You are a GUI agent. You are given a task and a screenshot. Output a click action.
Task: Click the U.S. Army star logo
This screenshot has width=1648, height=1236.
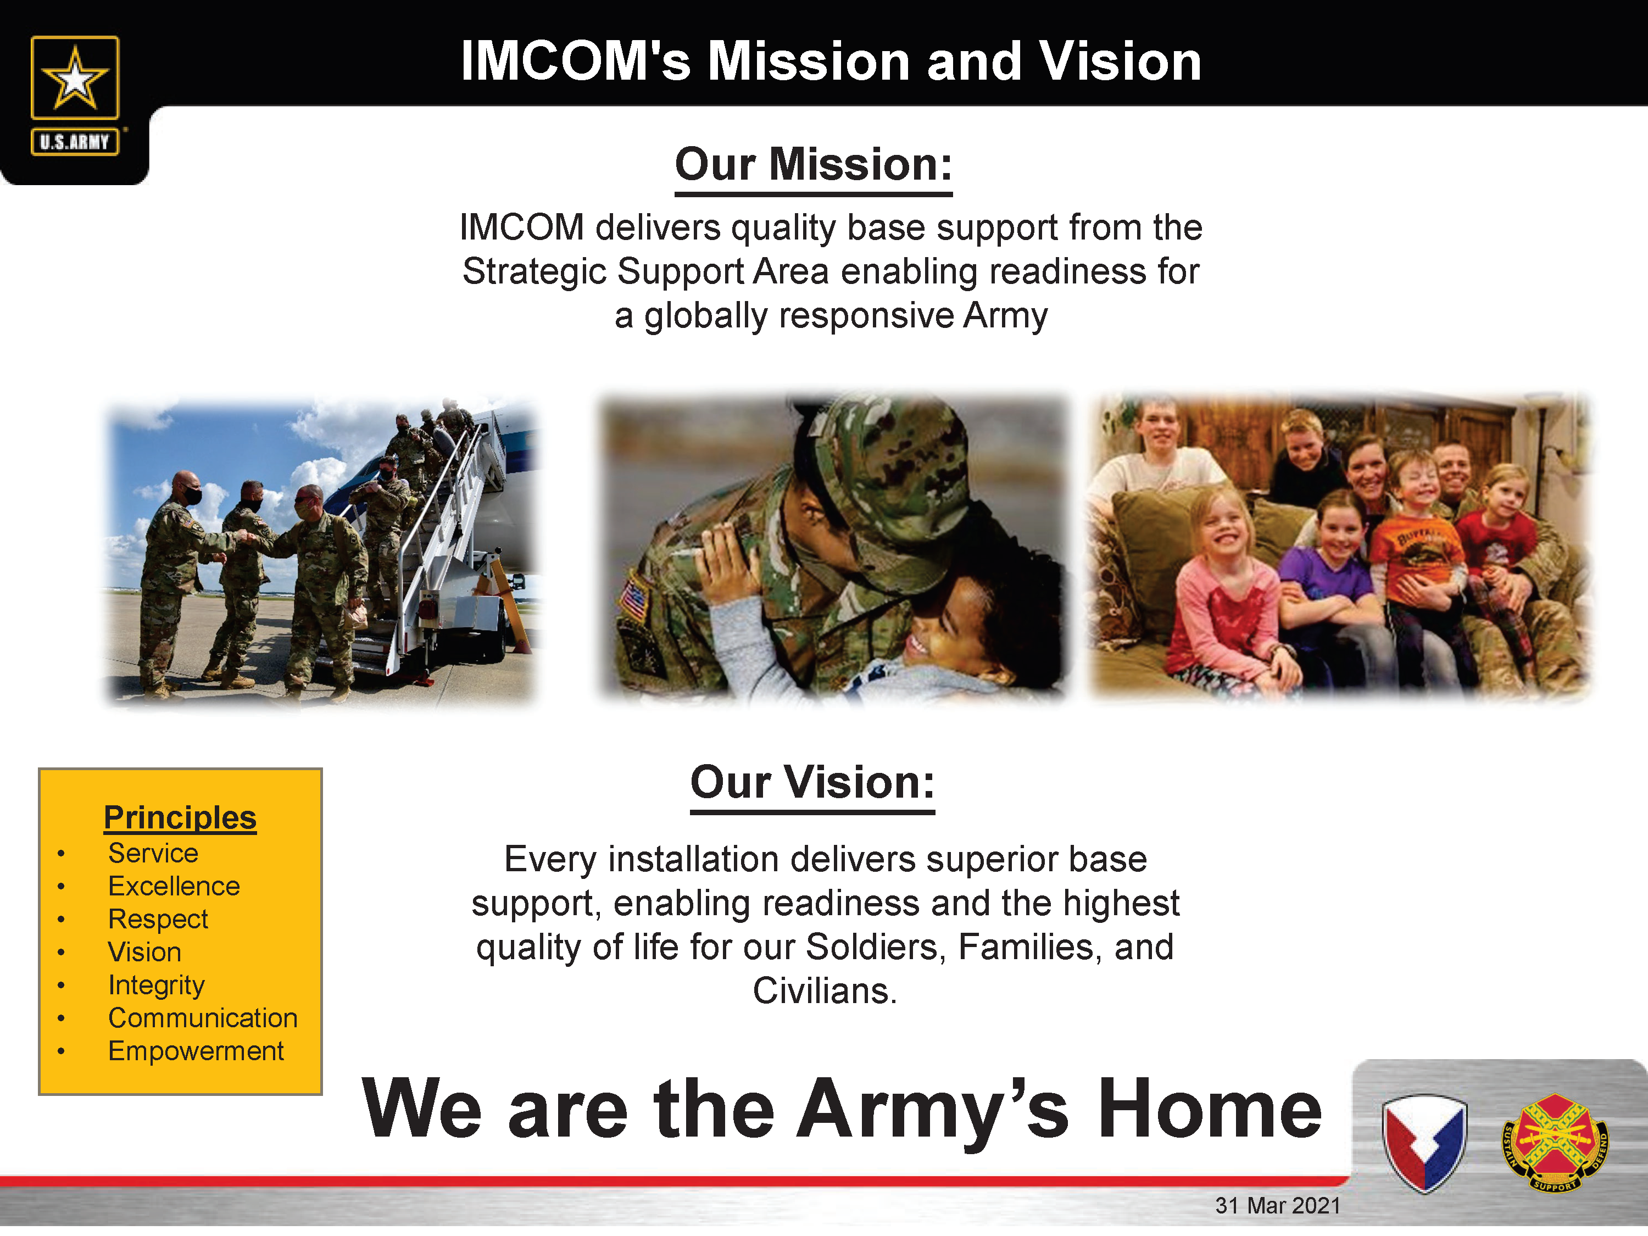(75, 77)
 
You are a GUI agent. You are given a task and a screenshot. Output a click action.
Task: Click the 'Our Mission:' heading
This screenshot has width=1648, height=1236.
(814, 165)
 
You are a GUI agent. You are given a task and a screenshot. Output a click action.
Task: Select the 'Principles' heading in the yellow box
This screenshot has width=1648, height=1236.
(180, 817)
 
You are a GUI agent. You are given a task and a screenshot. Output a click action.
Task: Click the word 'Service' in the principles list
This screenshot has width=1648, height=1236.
(153, 853)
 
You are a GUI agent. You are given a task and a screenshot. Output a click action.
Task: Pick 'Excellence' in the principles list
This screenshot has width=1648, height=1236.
(174, 886)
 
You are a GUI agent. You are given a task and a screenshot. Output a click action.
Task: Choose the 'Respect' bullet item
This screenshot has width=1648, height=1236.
(158, 920)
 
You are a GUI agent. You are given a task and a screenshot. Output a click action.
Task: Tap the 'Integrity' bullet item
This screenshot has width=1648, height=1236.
(157, 986)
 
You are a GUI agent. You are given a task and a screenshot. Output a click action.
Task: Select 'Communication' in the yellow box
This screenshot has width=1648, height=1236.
(203, 1018)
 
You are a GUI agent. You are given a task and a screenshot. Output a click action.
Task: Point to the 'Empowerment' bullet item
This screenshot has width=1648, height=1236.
(196, 1051)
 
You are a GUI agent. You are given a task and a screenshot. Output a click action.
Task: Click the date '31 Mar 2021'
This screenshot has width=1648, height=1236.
(1278, 1205)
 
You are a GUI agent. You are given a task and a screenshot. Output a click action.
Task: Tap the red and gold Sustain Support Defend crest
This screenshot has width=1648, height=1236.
(1555, 1142)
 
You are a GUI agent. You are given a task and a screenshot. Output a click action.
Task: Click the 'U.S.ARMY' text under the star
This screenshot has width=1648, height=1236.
(75, 142)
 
